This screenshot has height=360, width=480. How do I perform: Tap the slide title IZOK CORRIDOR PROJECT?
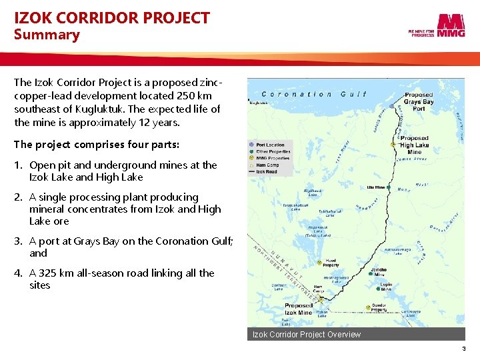coord(112,17)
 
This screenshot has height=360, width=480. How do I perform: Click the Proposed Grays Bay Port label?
coord(419,102)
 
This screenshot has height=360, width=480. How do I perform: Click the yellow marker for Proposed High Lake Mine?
coord(394,145)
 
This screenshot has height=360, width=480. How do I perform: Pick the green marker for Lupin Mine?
coord(379,289)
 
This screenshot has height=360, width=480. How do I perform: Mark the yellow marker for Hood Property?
coord(320,261)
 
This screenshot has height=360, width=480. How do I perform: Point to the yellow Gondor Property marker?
coord(366,307)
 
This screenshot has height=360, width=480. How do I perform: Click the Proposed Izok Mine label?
coord(299,309)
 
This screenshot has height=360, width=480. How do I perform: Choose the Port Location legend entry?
coord(270,145)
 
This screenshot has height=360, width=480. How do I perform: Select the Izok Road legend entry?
coord(267,171)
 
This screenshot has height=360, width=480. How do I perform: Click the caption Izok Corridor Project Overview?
coord(306,334)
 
